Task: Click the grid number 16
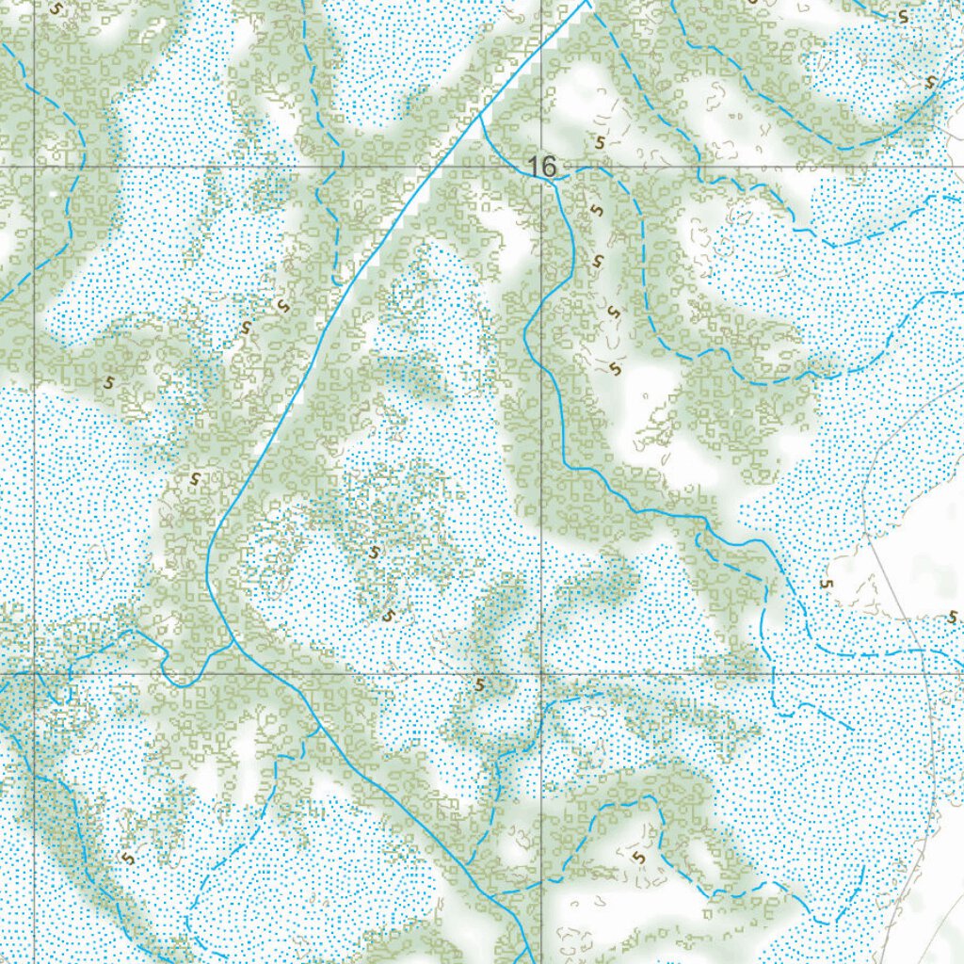click(542, 167)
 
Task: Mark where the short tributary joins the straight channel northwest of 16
click(480, 119)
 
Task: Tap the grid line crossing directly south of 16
click(542, 674)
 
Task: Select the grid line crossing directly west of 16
click(35, 167)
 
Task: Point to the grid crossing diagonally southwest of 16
click(35, 674)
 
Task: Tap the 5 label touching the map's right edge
click(953, 618)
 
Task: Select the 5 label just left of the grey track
click(827, 585)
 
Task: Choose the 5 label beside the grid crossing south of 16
click(480, 684)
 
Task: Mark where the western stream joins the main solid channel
click(233, 643)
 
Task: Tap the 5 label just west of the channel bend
click(195, 478)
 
